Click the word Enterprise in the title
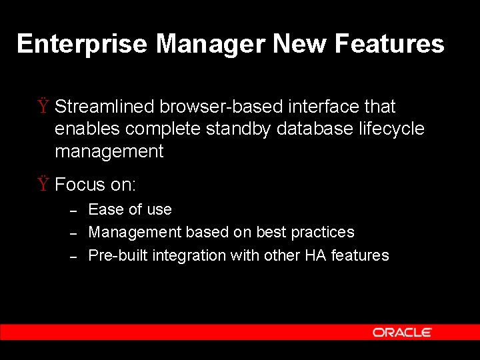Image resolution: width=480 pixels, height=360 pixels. coord(82,44)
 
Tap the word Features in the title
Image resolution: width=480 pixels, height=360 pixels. coord(389,44)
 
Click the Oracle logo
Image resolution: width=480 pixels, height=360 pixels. coord(402,332)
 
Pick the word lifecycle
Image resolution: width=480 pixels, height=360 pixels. coord(392,129)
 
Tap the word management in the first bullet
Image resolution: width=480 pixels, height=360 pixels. coord(109,152)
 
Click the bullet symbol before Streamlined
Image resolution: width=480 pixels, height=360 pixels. coord(43,107)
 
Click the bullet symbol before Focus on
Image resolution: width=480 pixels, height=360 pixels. coord(43,184)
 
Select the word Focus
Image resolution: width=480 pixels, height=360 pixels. coord(80,184)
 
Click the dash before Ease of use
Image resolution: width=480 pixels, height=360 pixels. coord(75,211)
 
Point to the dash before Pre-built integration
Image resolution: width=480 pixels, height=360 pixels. coord(75,257)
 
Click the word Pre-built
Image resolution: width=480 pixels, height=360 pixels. coord(118,255)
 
